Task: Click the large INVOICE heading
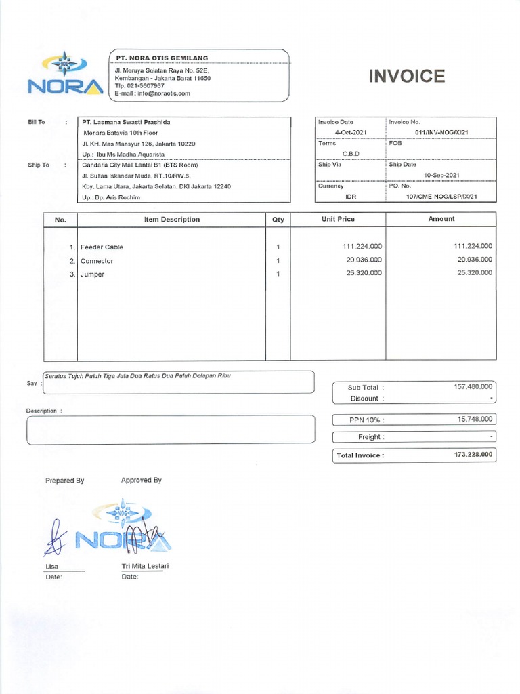click(406, 76)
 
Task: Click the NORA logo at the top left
click(65, 74)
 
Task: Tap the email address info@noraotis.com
click(162, 94)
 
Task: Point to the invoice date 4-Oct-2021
click(349, 132)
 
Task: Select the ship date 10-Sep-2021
click(441, 175)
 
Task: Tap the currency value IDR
click(350, 197)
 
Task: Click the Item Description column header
click(171, 220)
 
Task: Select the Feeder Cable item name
click(102, 247)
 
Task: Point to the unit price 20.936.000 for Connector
click(364, 260)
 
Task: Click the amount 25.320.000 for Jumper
click(475, 272)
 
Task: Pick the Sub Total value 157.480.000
click(473, 386)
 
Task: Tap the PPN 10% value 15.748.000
click(475, 420)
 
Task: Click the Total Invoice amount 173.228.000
click(473, 455)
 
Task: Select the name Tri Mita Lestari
click(145, 566)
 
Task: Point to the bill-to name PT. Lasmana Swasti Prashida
click(127, 122)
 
